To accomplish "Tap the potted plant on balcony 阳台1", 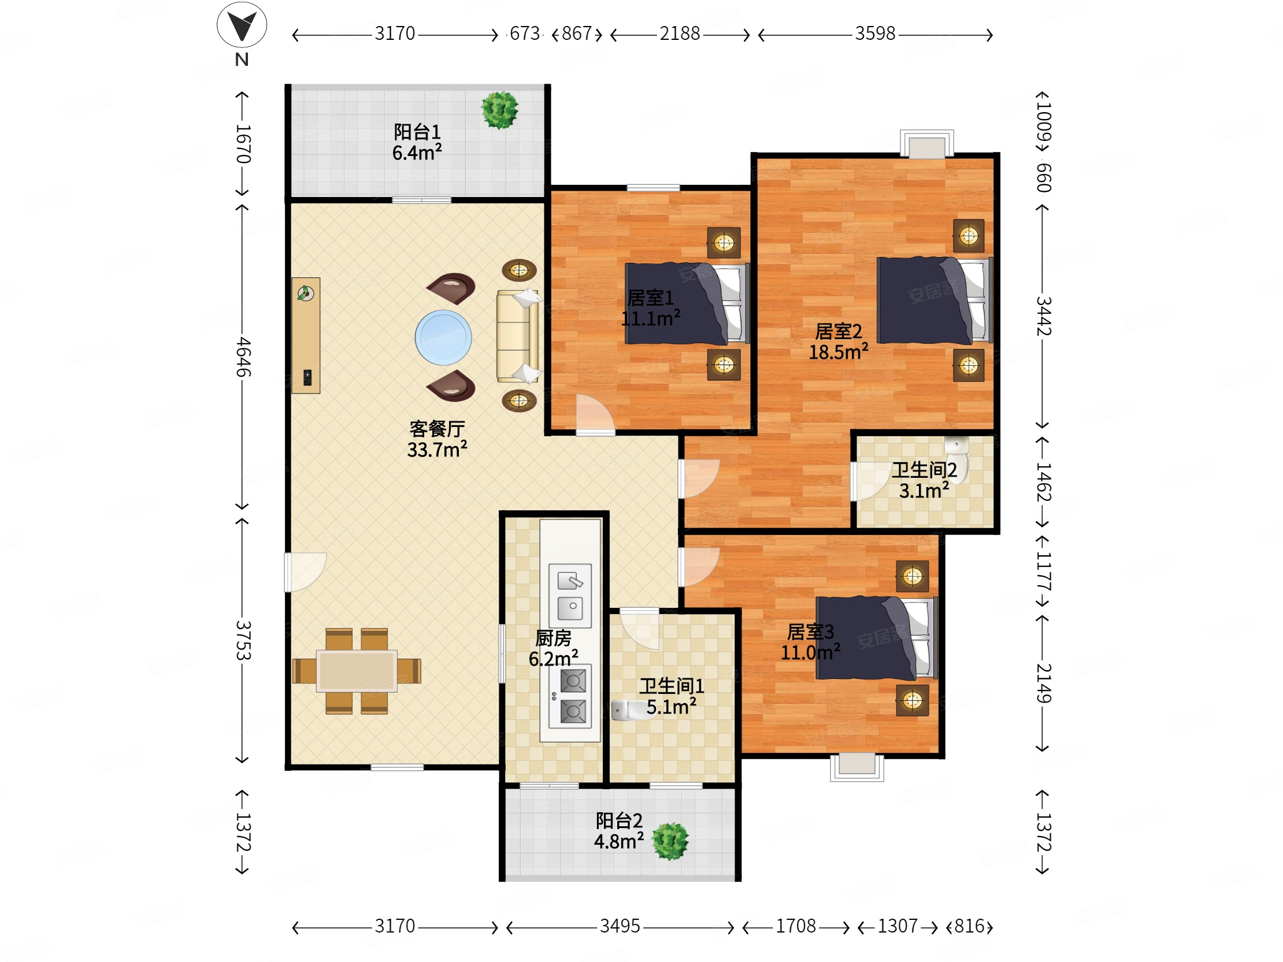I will coord(499,110).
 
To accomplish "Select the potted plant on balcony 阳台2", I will coord(670,841).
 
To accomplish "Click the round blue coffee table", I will coord(443,337).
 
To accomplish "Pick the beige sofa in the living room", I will coord(516,336).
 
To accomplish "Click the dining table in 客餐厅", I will coord(357,671).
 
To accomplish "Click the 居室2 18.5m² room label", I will coord(838,341).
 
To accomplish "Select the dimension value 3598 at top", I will coord(874,34).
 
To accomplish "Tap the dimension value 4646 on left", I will coord(243,356).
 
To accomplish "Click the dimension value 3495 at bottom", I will coord(620,926).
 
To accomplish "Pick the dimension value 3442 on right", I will coord(1044,316).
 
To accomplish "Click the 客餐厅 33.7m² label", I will coord(437,439).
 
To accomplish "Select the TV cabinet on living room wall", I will coord(306,336).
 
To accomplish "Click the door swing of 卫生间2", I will coord(870,480).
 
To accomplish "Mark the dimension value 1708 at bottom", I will coord(795,926).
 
